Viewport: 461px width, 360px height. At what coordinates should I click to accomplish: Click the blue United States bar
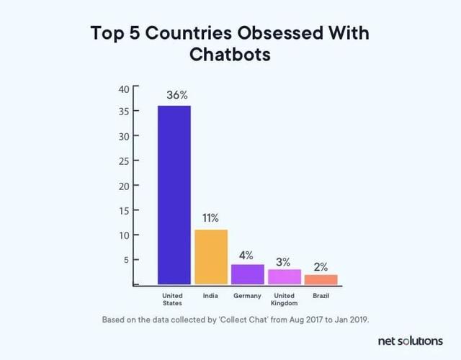click(174, 194)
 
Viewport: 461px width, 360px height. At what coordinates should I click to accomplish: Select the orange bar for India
click(211, 256)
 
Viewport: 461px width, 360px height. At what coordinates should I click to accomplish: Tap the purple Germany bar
click(247, 274)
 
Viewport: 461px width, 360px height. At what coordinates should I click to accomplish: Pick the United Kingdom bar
click(285, 276)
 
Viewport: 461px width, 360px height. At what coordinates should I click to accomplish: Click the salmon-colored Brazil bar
click(321, 279)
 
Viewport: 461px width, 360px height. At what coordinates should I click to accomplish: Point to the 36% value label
click(177, 95)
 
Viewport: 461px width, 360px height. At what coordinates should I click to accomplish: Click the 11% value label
click(210, 218)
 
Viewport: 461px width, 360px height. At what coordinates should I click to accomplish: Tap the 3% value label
click(283, 261)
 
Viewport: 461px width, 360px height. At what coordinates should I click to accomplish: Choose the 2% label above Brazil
click(320, 266)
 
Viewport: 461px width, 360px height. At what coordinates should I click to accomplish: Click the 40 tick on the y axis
click(123, 89)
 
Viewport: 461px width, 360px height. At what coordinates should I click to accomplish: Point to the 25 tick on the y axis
click(123, 161)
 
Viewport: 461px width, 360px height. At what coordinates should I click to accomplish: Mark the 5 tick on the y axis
click(126, 259)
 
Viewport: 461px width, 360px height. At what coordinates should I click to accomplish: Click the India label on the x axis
click(210, 296)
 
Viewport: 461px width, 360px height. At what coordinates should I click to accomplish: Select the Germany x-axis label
click(247, 296)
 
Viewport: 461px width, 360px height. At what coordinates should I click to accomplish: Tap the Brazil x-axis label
click(321, 296)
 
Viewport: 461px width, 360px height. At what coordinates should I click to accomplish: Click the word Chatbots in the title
click(230, 55)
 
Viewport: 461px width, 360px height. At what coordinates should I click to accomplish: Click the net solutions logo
click(410, 340)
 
